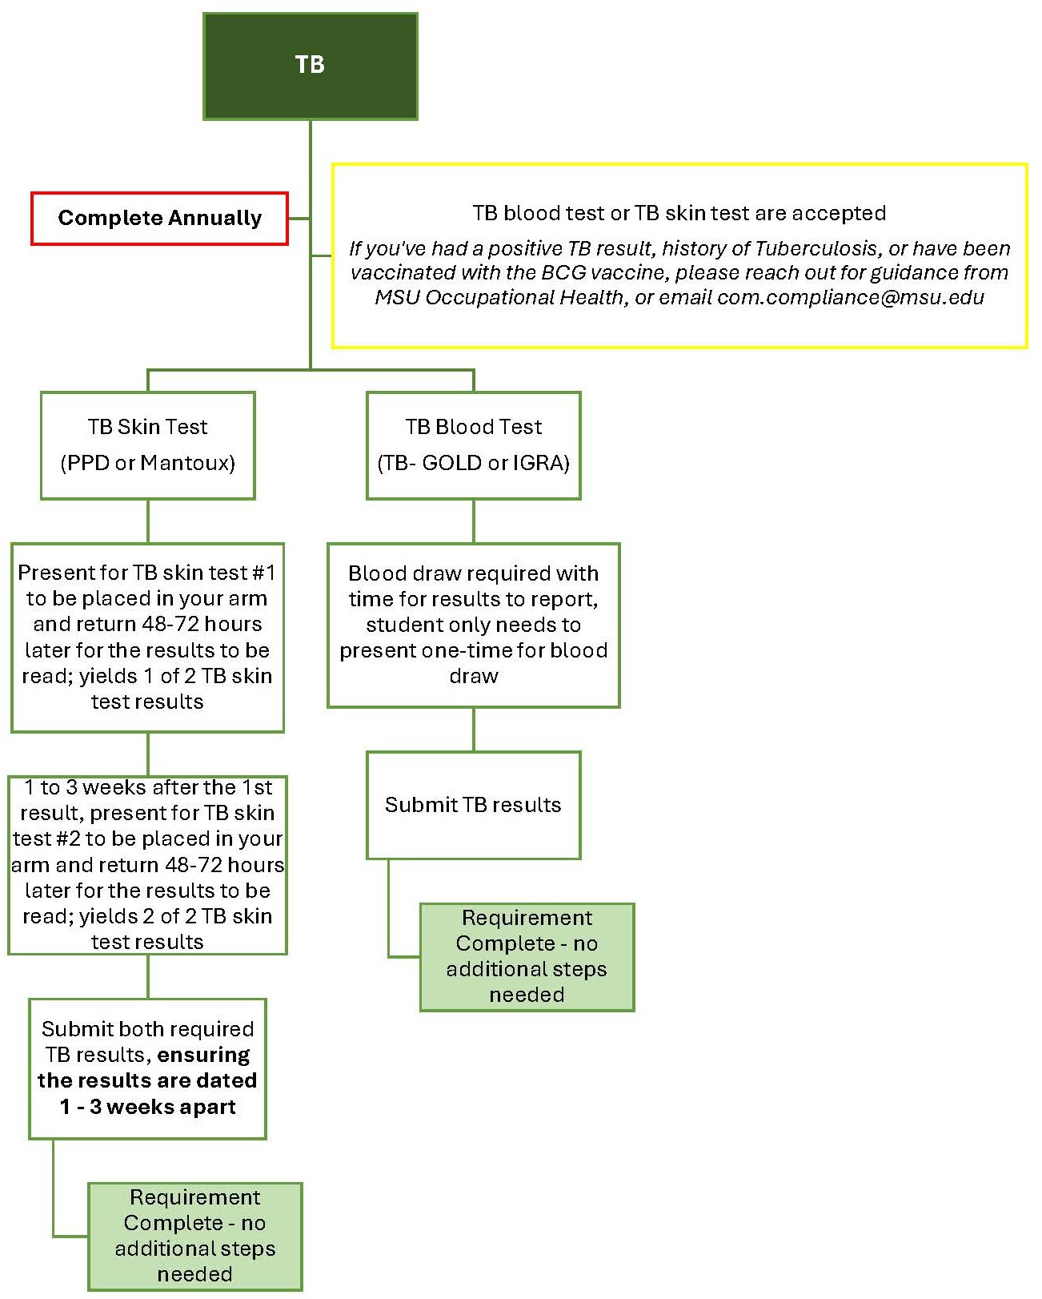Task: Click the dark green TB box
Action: pyautogui.click(x=310, y=66)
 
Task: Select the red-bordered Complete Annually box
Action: pyautogui.click(x=159, y=218)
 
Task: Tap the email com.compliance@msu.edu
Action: pyautogui.click(x=850, y=297)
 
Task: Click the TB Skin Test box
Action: pyautogui.click(x=147, y=445)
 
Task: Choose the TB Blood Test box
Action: pyautogui.click(x=473, y=445)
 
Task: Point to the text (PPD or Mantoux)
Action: pyautogui.click(x=147, y=463)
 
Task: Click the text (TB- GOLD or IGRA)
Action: pyautogui.click(x=473, y=463)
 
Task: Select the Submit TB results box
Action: pyautogui.click(x=473, y=805)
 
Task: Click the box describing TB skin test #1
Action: pyautogui.click(x=147, y=637)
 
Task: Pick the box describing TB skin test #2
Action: pyautogui.click(x=147, y=865)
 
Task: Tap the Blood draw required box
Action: pyautogui.click(x=473, y=625)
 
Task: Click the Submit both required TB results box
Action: pyautogui.click(x=147, y=1068)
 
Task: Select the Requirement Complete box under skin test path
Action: pyautogui.click(x=194, y=1236)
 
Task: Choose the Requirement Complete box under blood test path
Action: pyautogui.click(x=527, y=956)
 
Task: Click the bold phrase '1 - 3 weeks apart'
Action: pyautogui.click(x=147, y=1107)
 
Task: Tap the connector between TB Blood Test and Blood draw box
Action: pyautogui.click(x=473, y=521)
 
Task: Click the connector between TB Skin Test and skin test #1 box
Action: pyautogui.click(x=148, y=521)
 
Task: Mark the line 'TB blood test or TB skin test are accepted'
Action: pyautogui.click(x=679, y=213)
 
